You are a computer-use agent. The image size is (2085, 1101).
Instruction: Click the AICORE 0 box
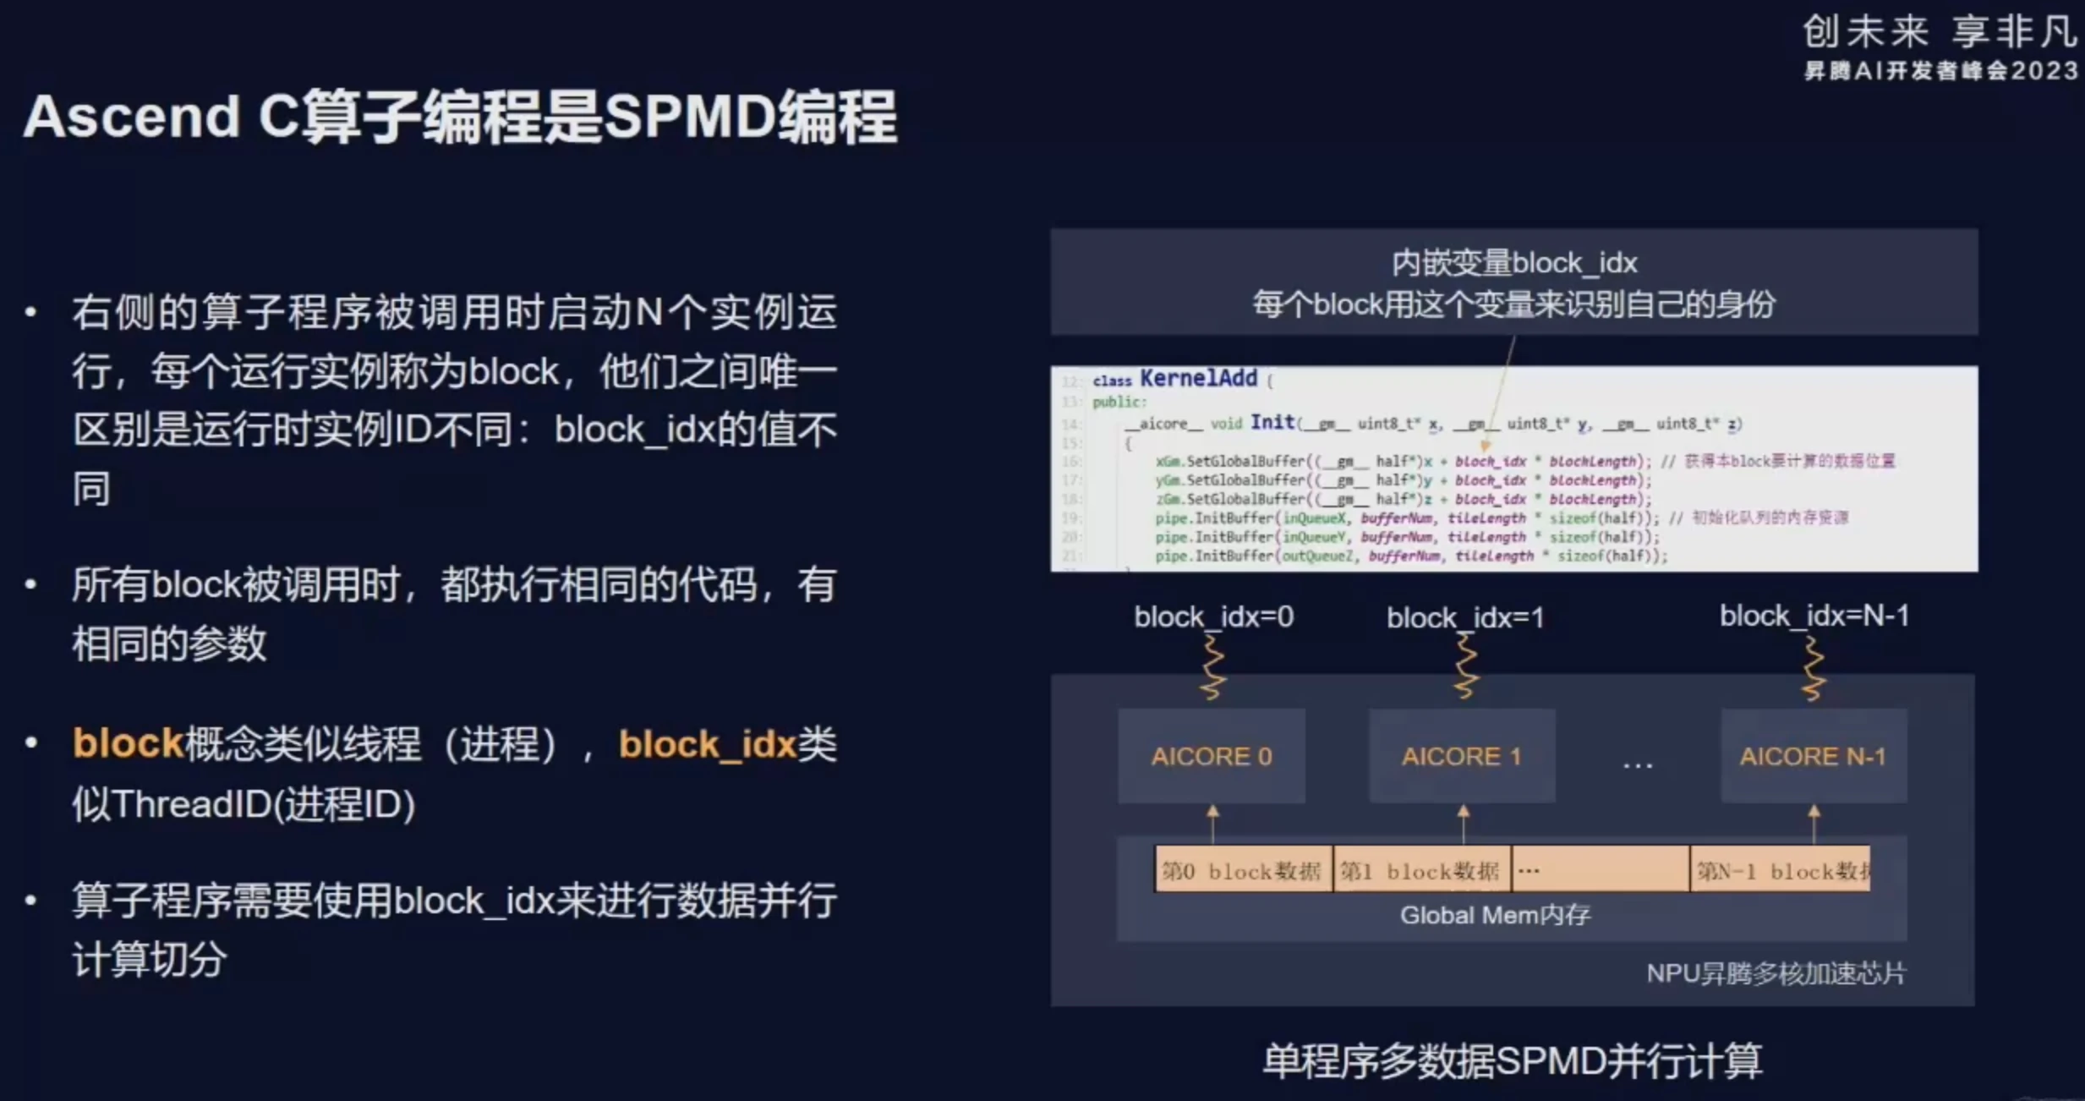tap(1211, 756)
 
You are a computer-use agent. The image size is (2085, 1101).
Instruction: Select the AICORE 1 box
tap(1461, 756)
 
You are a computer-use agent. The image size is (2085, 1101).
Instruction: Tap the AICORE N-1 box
tap(1813, 756)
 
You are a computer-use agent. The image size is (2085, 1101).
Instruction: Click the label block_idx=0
tap(1213, 617)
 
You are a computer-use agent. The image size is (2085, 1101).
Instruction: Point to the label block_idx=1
tap(1464, 618)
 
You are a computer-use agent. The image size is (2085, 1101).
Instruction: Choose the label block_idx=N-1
tap(1814, 616)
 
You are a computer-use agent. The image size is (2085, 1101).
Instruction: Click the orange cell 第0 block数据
tap(1241, 870)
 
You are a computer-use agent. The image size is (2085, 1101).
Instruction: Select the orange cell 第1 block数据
tap(1420, 870)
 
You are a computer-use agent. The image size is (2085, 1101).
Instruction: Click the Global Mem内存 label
tap(1495, 915)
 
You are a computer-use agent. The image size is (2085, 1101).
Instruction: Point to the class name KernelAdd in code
tap(1198, 378)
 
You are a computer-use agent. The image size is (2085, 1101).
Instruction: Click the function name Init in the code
tap(1272, 422)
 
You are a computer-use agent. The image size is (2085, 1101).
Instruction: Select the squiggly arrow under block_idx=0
tap(1213, 667)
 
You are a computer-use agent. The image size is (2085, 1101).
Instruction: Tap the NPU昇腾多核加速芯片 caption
tap(1776, 973)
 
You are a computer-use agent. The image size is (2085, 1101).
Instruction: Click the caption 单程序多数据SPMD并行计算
tap(1512, 1060)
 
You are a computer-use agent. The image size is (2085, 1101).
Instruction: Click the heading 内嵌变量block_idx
tap(1513, 263)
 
